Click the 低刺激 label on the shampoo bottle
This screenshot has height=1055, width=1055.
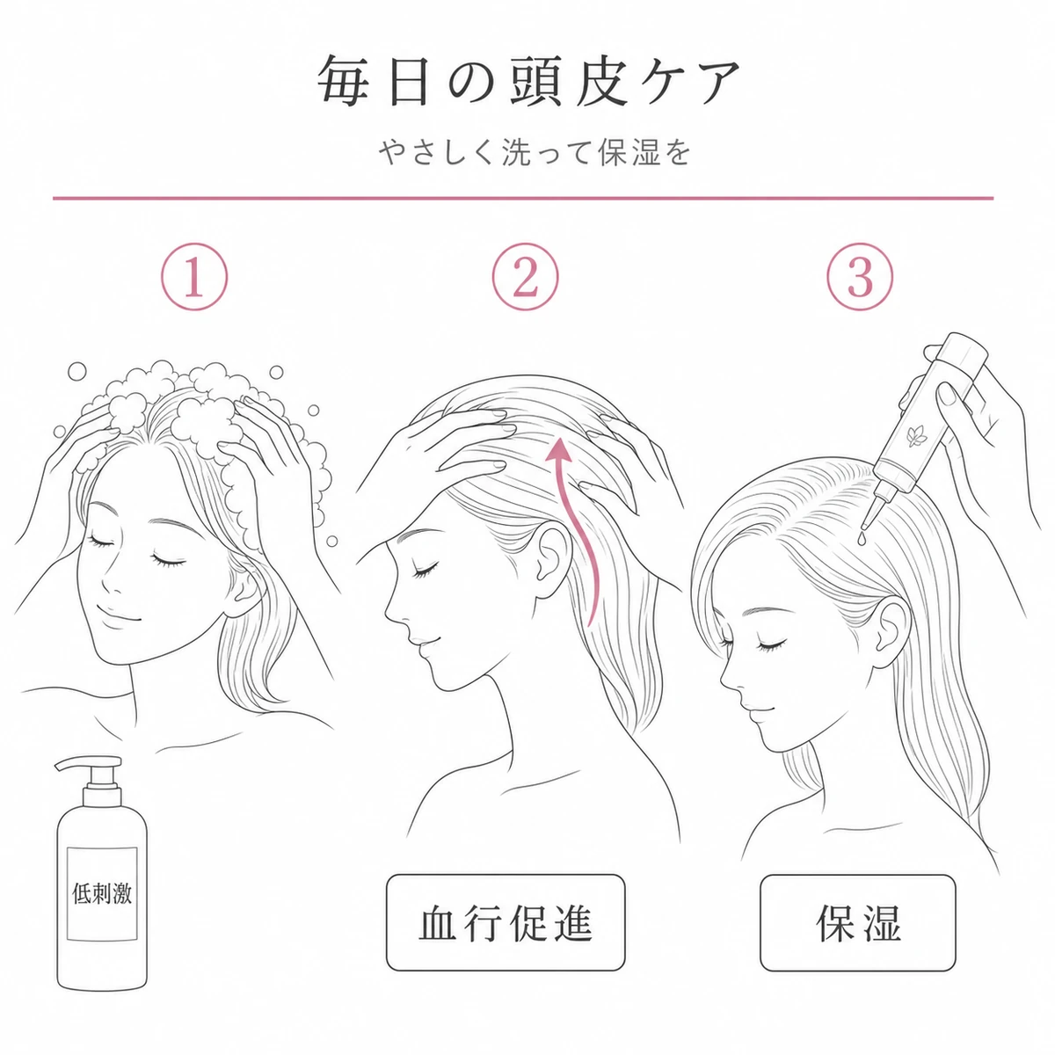[x=102, y=895]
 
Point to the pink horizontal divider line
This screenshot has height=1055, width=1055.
[x=523, y=198]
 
